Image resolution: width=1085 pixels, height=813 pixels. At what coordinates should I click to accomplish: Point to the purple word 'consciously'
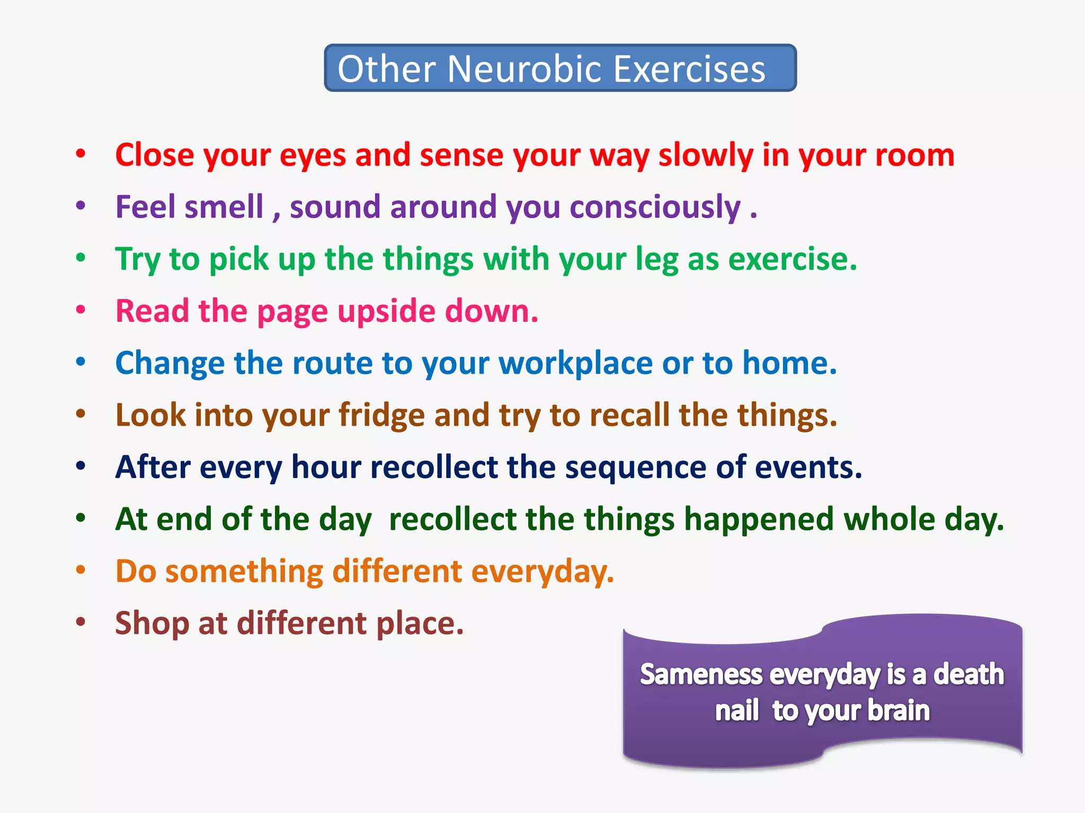tap(655, 207)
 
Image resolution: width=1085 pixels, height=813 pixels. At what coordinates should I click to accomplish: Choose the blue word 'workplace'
tap(575, 364)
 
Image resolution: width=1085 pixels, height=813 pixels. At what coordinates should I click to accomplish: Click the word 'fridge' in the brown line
tap(381, 415)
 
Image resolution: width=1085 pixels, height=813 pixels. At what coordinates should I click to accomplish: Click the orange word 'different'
tap(397, 572)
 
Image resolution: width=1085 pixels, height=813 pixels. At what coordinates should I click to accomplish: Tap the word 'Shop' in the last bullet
tap(152, 624)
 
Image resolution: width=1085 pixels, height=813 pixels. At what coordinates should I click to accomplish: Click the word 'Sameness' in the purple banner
tap(701, 675)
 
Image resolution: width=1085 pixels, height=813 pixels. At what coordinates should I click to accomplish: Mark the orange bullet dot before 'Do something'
tap(81, 570)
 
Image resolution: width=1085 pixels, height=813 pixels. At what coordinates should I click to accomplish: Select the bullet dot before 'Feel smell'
tap(81, 205)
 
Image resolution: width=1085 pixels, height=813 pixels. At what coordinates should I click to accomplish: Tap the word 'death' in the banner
tap(968, 675)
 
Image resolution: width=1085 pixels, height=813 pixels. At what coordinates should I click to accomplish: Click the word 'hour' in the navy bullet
tap(326, 468)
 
